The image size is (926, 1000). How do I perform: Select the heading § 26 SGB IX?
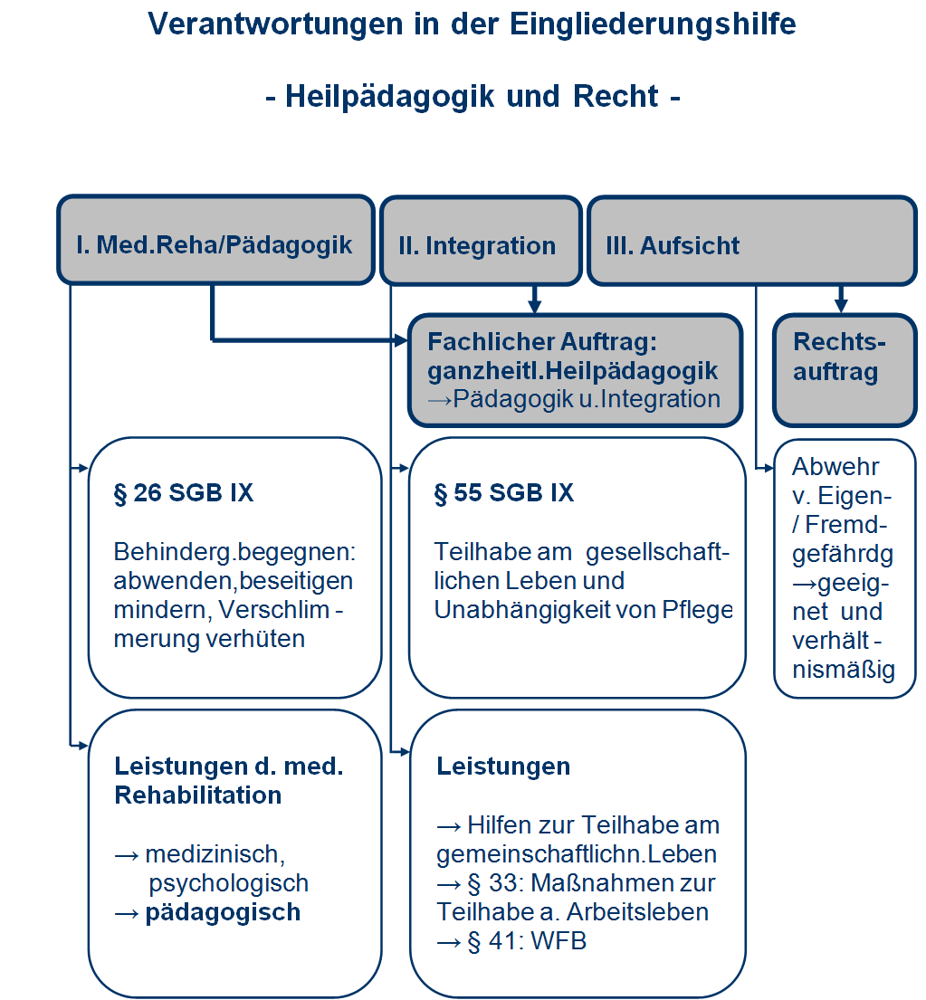click(184, 493)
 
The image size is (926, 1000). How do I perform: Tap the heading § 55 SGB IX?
click(504, 493)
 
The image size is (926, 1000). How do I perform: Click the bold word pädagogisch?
click(223, 912)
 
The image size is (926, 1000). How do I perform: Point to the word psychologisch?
click(228, 883)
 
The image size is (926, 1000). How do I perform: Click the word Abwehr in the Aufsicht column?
click(823, 467)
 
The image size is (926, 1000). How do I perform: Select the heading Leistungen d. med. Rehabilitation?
click(228, 780)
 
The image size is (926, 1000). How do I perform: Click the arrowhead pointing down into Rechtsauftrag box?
click(841, 307)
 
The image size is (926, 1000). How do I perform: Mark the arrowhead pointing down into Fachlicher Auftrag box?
click(535, 307)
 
